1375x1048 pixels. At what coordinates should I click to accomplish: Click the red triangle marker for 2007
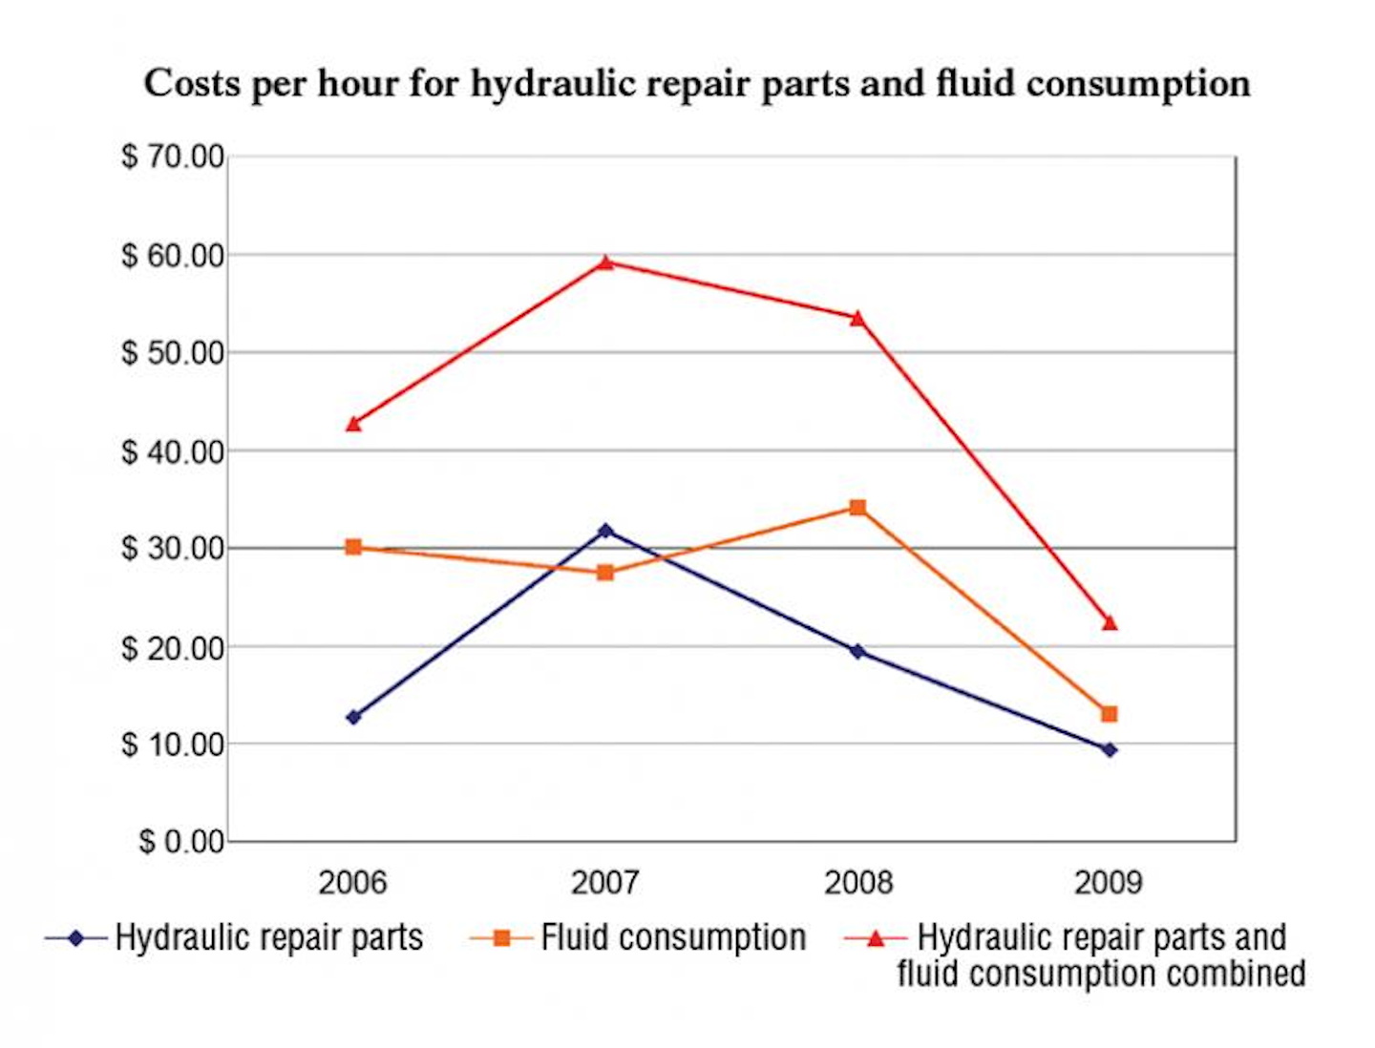coord(605,262)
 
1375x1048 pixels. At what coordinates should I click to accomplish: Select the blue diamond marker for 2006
coord(353,717)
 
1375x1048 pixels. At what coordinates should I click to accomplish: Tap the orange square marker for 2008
coord(857,508)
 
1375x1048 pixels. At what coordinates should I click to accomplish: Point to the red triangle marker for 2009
coord(1109,623)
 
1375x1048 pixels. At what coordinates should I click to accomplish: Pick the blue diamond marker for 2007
coord(605,530)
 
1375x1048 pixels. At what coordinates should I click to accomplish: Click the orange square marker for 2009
coord(1109,714)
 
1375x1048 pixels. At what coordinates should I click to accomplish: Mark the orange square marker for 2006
coord(353,547)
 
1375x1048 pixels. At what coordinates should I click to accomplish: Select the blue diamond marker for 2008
coord(857,651)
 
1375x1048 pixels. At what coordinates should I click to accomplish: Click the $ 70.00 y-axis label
coord(173,157)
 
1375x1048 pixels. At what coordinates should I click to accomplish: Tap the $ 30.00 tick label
coord(173,549)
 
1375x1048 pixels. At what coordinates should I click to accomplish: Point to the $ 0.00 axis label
coord(181,842)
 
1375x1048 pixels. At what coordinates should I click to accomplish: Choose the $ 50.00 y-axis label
coord(173,353)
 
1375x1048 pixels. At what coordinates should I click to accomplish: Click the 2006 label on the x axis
coord(352,882)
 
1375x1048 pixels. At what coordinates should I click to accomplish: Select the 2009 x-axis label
coord(1108,882)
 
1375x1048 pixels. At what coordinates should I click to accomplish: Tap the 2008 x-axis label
coord(857,882)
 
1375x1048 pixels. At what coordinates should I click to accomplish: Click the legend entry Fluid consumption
coord(673,938)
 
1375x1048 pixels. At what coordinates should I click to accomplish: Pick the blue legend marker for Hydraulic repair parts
coord(75,938)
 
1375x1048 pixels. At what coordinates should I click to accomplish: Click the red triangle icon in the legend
coord(875,938)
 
